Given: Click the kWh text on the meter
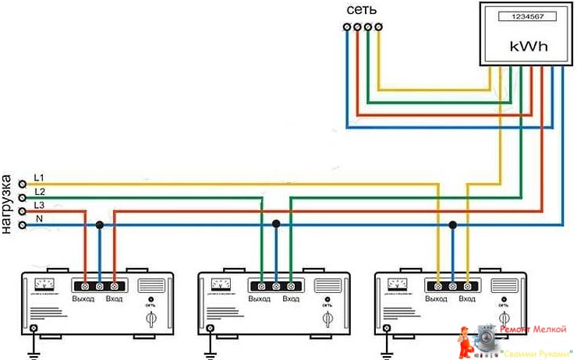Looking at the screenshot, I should tap(528, 46).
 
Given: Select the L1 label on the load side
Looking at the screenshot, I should tap(40, 178).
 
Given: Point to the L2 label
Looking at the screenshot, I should tap(40, 192).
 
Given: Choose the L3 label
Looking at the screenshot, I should tap(40, 204).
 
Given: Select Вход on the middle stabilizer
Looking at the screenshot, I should tap(291, 299).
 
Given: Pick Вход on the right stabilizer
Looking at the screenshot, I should tap(467, 299).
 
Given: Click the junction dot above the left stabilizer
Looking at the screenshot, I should tap(99, 224).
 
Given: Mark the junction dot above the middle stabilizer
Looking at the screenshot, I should tap(276, 224).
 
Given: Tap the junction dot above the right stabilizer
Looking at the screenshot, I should tap(452, 224).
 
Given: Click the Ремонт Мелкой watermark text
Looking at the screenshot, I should tap(535, 330).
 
